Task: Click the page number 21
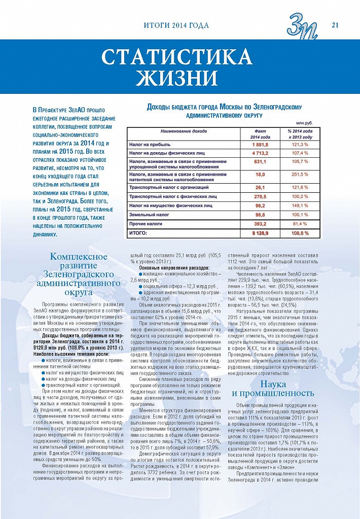335,25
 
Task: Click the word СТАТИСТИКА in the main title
177,57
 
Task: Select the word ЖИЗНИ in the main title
177,78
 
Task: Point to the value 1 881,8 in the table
260,145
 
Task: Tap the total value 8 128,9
260,232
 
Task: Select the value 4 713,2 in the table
260,153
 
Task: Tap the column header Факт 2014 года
260,134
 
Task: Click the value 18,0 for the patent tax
260,175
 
